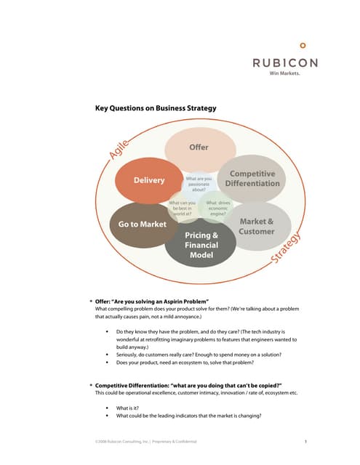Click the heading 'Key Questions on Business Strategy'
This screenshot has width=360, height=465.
tap(156, 108)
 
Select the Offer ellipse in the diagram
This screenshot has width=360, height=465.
tap(199, 147)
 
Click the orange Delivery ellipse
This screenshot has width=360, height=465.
tap(148, 180)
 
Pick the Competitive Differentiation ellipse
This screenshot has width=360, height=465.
tap(252, 179)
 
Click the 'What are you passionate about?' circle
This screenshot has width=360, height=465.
tap(199, 183)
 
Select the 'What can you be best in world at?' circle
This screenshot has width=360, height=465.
tap(182, 208)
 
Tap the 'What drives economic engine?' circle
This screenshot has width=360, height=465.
tap(218, 208)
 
